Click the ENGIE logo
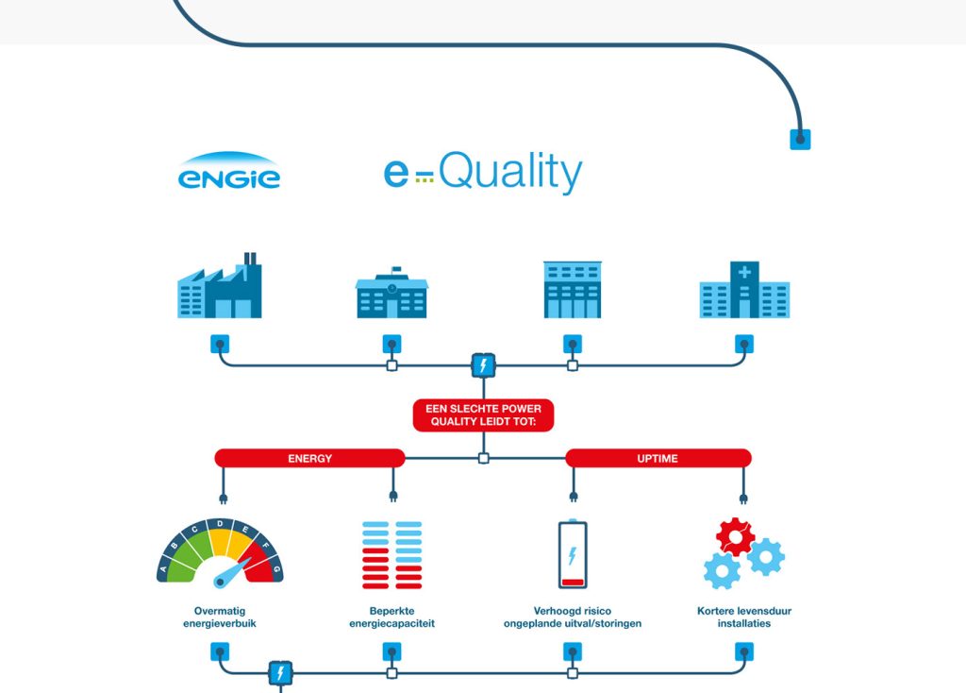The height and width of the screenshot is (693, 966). point(229,171)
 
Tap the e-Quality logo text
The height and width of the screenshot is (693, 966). point(483,172)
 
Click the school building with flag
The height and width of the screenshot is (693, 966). point(391,293)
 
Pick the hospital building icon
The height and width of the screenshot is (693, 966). point(744,290)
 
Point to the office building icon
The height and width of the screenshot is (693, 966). point(573,290)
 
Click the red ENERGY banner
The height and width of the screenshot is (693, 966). point(309,458)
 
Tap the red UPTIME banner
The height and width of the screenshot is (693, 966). point(658,458)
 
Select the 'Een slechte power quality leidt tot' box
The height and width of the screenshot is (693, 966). point(484,414)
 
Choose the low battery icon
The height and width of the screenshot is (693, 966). point(573,553)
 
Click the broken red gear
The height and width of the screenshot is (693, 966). point(735,536)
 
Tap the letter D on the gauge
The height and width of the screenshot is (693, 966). point(220,524)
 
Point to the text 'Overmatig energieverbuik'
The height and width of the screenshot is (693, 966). point(220,617)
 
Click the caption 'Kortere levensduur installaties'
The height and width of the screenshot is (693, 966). point(744,617)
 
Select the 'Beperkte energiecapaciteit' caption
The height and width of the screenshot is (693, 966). point(391,617)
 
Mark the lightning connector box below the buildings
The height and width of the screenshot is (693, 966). point(484,365)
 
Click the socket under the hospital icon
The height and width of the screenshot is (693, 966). point(744,344)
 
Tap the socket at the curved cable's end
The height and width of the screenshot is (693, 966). point(800,140)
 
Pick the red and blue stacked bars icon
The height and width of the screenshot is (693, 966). point(392,555)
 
